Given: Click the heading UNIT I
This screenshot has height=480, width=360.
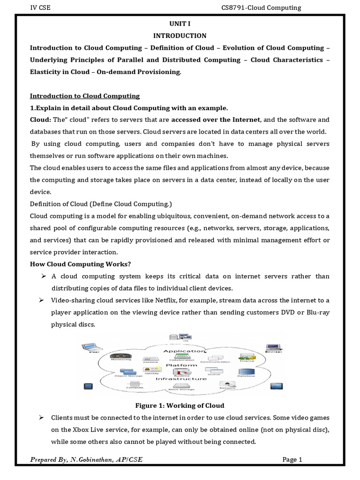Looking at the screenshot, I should coord(180,23).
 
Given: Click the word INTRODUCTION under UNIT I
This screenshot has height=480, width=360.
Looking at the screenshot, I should coord(180,36).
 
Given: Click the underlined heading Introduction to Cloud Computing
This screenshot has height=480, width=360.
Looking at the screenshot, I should coord(85,96).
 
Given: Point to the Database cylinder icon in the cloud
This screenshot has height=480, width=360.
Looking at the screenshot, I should coord(246,371).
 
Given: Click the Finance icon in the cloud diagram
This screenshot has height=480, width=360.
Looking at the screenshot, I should coord(247,358).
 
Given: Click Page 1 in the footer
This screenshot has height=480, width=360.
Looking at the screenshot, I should coord(292,460).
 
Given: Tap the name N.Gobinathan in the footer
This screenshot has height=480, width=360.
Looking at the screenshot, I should coord(92,460).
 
